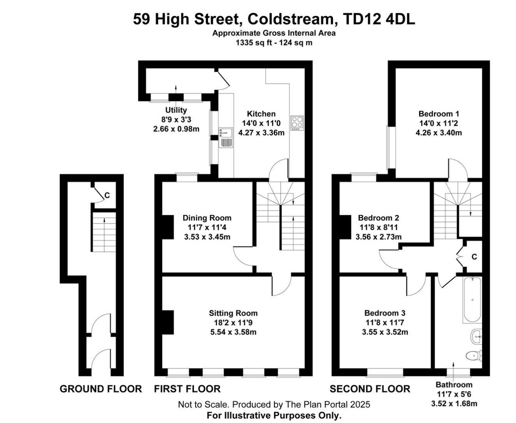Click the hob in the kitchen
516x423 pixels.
pyautogui.click(x=297, y=123)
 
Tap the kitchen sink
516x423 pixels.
pyautogui.click(x=226, y=137)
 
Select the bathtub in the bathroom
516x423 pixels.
pyautogui.click(x=472, y=300)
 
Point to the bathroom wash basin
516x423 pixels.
pyautogui.click(x=476, y=337)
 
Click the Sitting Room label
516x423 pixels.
pyautogui.click(x=233, y=313)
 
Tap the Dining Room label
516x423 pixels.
pyautogui.click(x=207, y=218)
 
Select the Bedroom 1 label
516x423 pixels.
pyautogui.click(x=439, y=114)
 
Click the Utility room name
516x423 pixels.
pyautogui.click(x=176, y=110)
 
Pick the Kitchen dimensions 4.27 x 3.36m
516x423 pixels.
pyautogui.click(x=261, y=133)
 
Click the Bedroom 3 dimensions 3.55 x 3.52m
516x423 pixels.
pyautogui.click(x=385, y=332)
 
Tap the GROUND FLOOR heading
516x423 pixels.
pyautogui.click(x=101, y=389)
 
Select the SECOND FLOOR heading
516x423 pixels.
pyautogui.click(x=370, y=389)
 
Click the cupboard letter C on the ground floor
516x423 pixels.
pyautogui.click(x=107, y=195)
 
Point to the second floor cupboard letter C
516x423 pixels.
pyautogui.click(x=474, y=257)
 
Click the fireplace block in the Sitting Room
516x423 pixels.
pyautogui.click(x=168, y=323)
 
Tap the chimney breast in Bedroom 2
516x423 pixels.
pyautogui.click(x=345, y=227)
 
